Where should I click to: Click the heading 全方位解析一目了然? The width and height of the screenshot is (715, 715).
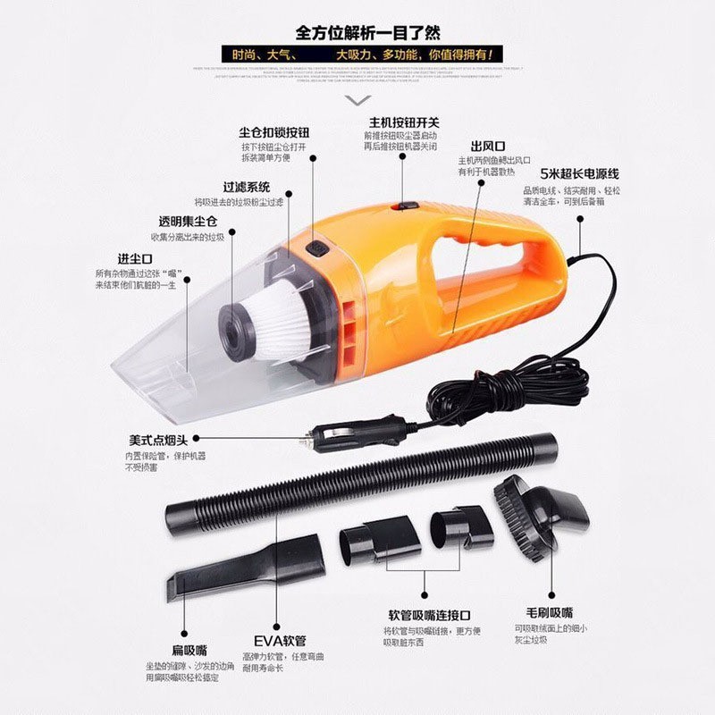pos(357,33)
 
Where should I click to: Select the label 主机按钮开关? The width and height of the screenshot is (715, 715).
pos(403,122)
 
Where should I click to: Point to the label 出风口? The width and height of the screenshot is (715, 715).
pos(488,146)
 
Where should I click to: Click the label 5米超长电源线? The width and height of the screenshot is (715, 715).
pos(578,175)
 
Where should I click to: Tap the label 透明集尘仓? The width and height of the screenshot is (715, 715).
pos(189,221)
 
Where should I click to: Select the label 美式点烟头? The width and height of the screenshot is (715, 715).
pos(156,440)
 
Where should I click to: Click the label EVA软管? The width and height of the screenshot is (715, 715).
pos(280,641)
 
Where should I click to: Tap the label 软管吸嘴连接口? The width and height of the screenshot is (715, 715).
pos(429,615)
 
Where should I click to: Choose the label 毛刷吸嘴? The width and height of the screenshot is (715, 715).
pos(549,613)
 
